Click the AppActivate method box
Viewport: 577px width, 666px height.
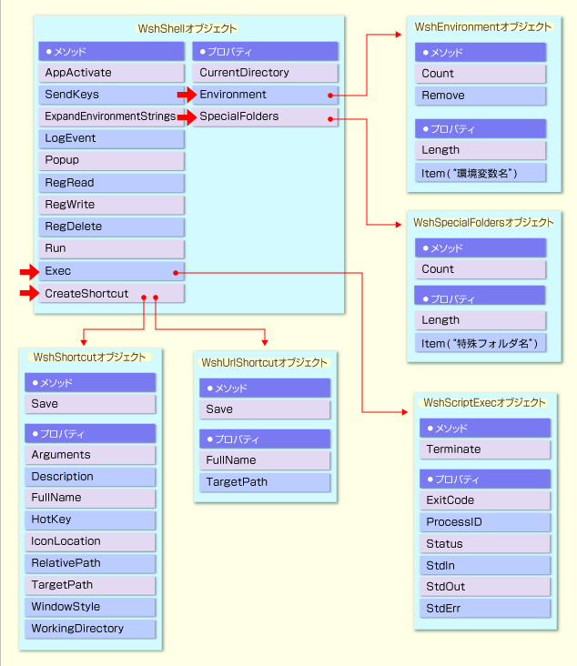pyautogui.click(x=112, y=73)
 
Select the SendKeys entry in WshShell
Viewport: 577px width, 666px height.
pyautogui.click(x=112, y=95)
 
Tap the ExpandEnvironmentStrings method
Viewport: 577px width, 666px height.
pyautogui.click(x=112, y=116)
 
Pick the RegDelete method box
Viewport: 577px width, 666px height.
pyautogui.click(x=112, y=227)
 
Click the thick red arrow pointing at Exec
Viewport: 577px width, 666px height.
pyautogui.click(x=28, y=271)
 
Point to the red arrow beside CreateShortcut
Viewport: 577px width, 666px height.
pyautogui.click(x=28, y=293)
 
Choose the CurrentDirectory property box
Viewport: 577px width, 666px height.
pyautogui.click(x=265, y=73)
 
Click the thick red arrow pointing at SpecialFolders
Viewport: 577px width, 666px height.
pyautogui.click(x=187, y=116)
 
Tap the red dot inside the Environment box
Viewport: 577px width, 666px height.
pyautogui.click(x=329, y=95)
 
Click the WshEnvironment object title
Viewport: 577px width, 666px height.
pyautogui.click(x=482, y=27)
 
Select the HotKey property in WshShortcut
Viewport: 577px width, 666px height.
pyautogui.click(x=91, y=520)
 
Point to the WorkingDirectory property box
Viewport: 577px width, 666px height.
pyautogui.click(x=91, y=629)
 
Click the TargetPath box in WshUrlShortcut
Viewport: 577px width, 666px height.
pyautogui.click(x=265, y=482)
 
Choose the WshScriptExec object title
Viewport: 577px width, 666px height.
pyautogui.click(x=485, y=402)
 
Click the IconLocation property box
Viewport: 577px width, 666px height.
pyautogui.click(x=91, y=541)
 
